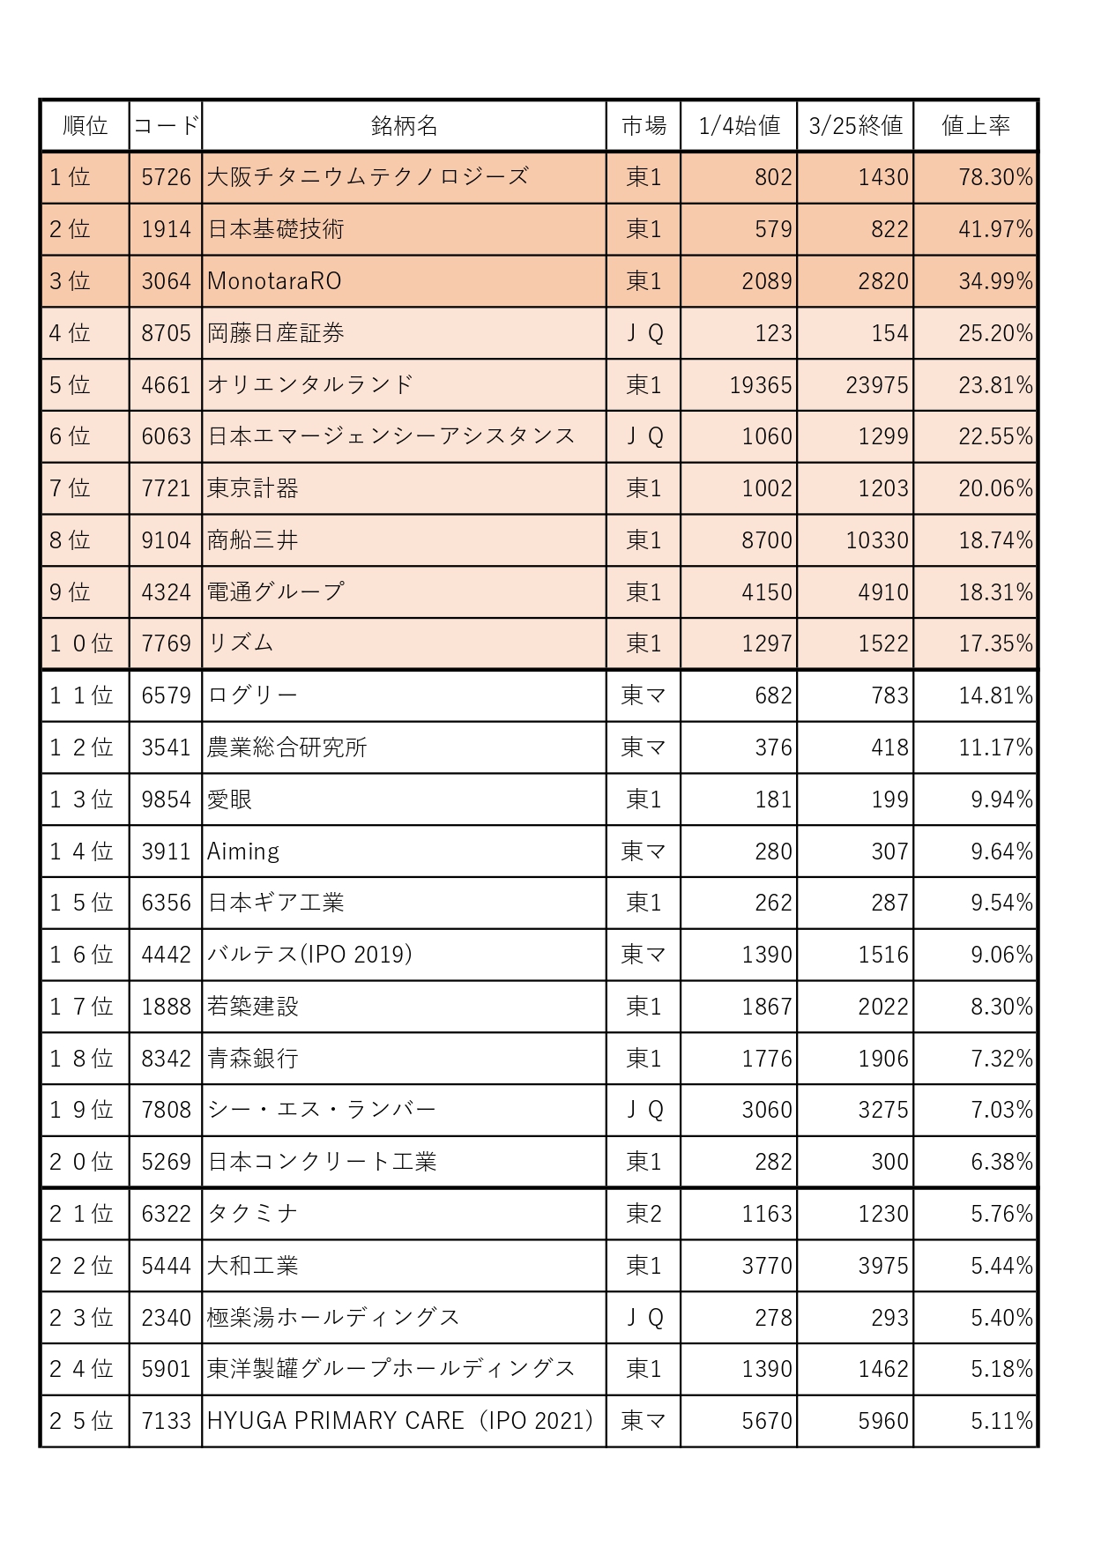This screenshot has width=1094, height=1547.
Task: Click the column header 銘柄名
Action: (x=404, y=126)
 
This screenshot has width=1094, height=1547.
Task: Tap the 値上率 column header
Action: (x=975, y=126)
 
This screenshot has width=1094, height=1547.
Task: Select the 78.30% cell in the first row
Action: (x=995, y=177)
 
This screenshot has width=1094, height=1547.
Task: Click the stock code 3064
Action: (x=166, y=281)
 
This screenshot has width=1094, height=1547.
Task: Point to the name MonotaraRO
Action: (x=274, y=281)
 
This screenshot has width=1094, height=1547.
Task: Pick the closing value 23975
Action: (x=876, y=385)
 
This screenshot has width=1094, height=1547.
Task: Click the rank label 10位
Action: (x=81, y=643)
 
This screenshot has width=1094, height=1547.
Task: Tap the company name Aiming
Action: (x=243, y=852)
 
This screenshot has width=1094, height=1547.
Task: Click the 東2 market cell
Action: (x=644, y=1214)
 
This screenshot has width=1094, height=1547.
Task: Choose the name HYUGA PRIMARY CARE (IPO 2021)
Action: (x=400, y=1421)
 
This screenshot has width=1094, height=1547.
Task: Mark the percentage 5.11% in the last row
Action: (x=1001, y=1421)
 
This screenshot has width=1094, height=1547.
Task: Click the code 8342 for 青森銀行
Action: (x=166, y=1059)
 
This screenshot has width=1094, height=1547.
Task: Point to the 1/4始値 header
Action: (x=739, y=126)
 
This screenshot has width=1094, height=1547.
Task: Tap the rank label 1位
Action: (x=70, y=177)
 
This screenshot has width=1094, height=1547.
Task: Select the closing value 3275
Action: (x=882, y=1110)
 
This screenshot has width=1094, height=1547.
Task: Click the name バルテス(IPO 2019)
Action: (x=309, y=955)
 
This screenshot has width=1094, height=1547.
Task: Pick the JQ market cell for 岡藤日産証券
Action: (x=644, y=333)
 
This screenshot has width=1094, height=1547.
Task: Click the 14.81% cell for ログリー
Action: (x=995, y=695)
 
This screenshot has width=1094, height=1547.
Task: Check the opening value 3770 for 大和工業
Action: (x=766, y=1266)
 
